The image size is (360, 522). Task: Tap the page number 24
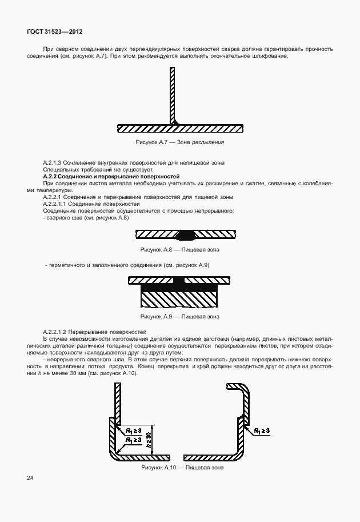point(30,476)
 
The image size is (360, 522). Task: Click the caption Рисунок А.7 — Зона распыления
point(179,142)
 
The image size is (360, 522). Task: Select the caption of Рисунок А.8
point(179,250)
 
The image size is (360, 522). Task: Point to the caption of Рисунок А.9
point(179,316)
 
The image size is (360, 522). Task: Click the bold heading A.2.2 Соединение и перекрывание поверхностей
point(111,177)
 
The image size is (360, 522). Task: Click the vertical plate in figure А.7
point(171,94)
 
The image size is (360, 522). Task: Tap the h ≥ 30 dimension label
point(149,440)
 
